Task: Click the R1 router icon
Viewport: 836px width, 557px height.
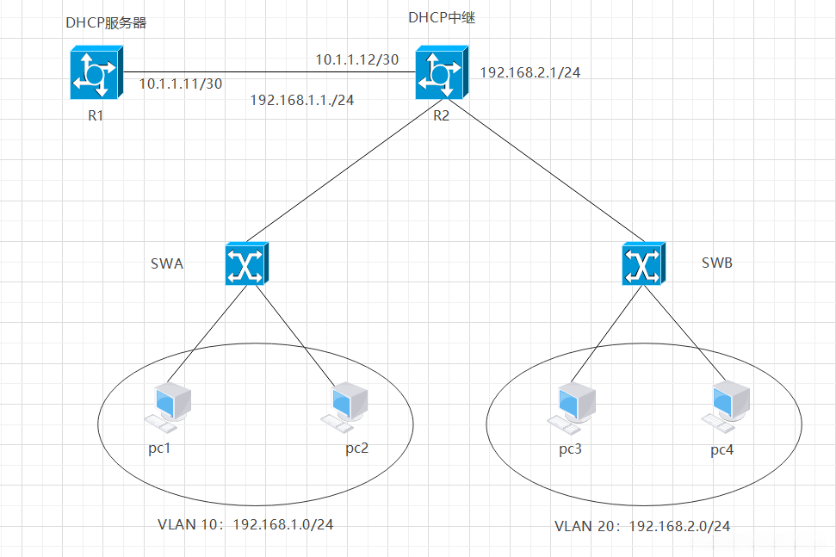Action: click(96, 72)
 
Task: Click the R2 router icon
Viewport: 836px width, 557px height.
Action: click(442, 72)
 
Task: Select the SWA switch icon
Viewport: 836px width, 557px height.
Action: click(247, 263)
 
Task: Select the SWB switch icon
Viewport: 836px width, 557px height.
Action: click(643, 263)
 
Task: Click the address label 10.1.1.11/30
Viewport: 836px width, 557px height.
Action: click(181, 84)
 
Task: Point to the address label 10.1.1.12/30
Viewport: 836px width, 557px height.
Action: click(357, 59)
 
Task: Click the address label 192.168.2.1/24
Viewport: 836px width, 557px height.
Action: click(530, 72)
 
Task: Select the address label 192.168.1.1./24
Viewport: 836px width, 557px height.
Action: click(302, 100)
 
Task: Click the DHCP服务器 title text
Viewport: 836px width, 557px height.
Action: click(106, 22)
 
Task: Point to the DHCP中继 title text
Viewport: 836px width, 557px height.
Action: click(442, 17)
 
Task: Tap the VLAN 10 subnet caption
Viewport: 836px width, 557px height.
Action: click(245, 524)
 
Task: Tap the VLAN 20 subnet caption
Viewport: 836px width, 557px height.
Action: click(642, 526)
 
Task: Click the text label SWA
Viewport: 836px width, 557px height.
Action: click(167, 263)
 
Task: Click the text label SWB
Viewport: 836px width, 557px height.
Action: click(717, 263)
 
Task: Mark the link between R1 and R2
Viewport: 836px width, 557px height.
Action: click(269, 72)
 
